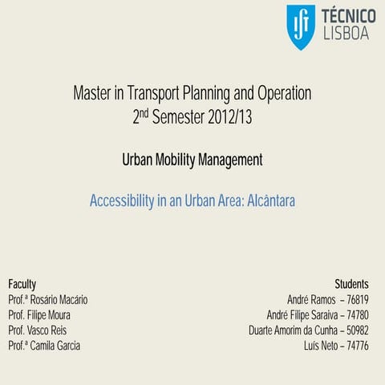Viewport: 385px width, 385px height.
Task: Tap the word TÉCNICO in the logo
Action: pyautogui.click(x=348, y=16)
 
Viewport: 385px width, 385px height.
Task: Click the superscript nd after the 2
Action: pyautogui.click(x=147, y=113)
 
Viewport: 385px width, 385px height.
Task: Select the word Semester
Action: pyautogui.click(x=180, y=118)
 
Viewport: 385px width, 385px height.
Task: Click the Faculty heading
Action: pyautogui.click(x=22, y=284)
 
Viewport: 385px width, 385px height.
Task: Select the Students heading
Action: pyautogui.click(x=351, y=284)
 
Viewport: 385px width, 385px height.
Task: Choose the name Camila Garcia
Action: pyautogui.click(x=56, y=346)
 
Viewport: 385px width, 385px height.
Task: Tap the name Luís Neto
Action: pyautogui.click(x=319, y=346)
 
